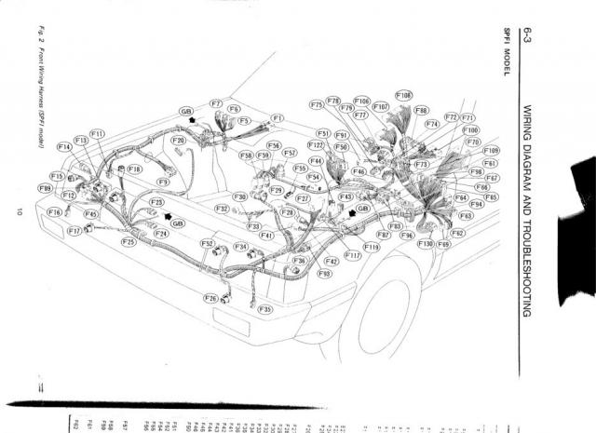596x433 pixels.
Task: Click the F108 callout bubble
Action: [x=403, y=95]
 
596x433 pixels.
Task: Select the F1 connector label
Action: [x=278, y=118]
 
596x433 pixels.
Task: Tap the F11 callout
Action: [x=97, y=134]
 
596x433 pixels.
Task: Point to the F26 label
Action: [x=211, y=298]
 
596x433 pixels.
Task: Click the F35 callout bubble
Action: [x=265, y=308]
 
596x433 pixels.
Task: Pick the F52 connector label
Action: [x=207, y=243]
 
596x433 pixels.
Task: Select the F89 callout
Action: [x=45, y=188]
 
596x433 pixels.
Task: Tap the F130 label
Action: [x=426, y=244]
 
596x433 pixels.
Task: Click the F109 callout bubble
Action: [x=492, y=150]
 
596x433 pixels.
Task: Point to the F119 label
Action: [x=372, y=247]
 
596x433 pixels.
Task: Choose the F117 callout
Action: [x=353, y=254]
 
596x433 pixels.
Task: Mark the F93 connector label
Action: [x=324, y=274]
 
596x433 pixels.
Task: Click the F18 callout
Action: [x=134, y=169]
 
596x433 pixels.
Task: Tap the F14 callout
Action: [x=64, y=147]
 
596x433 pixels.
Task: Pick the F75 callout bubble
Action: [x=317, y=105]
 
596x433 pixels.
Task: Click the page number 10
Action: [x=20, y=211]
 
